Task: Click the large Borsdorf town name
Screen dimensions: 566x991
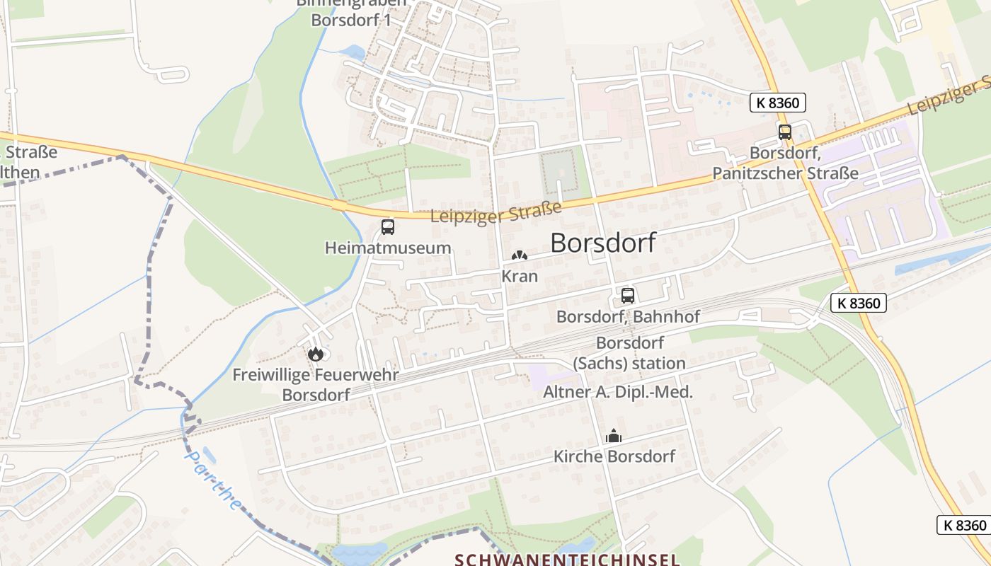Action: tap(602, 243)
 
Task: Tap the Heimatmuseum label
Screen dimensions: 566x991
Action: tap(388, 248)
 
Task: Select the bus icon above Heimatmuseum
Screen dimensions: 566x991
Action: tap(388, 227)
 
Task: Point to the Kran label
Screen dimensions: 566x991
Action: tap(520, 276)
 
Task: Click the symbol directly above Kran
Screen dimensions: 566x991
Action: tap(520, 255)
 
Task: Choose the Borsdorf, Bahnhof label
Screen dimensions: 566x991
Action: tap(627, 316)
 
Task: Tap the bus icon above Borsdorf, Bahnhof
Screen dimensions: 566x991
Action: tap(627, 296)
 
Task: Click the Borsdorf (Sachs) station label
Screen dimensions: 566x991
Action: tap(640, 353)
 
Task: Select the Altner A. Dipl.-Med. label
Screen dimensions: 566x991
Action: tap(617, 392)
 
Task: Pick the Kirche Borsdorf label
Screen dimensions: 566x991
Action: tap(614, 456)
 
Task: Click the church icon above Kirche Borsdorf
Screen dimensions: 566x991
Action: tap(614, 437)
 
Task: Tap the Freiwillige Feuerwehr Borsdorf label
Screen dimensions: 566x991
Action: tap(316, 384)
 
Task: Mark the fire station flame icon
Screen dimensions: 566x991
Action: tap(316, 354)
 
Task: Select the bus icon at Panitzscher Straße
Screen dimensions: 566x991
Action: tap(784, 132)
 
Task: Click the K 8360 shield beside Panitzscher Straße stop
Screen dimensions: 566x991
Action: tap(777, 103)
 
